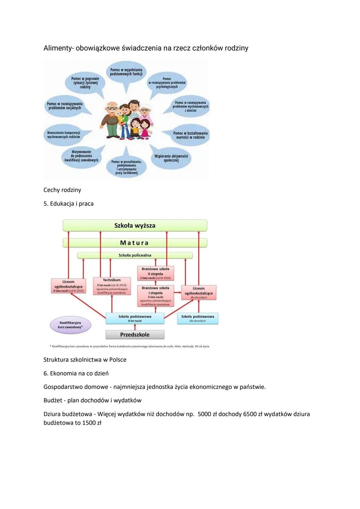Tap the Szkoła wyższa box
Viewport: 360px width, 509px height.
135,226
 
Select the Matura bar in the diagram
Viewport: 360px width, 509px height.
135,243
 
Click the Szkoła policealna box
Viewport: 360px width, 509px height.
135,255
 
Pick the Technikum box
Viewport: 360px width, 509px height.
112,286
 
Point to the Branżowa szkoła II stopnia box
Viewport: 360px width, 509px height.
155,273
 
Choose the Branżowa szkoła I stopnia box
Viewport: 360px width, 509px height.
155,295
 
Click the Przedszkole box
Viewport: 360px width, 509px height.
135,334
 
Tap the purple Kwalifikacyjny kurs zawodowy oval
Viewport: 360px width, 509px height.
70,325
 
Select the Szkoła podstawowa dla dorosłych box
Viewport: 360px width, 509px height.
198,318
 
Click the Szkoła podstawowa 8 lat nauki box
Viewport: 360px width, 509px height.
135,318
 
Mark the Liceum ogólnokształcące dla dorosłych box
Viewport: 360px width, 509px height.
199,292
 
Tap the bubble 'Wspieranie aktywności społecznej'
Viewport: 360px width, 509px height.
171,158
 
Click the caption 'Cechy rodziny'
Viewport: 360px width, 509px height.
62,190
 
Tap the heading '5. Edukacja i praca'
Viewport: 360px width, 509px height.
68,204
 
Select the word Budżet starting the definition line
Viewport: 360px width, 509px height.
52,400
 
